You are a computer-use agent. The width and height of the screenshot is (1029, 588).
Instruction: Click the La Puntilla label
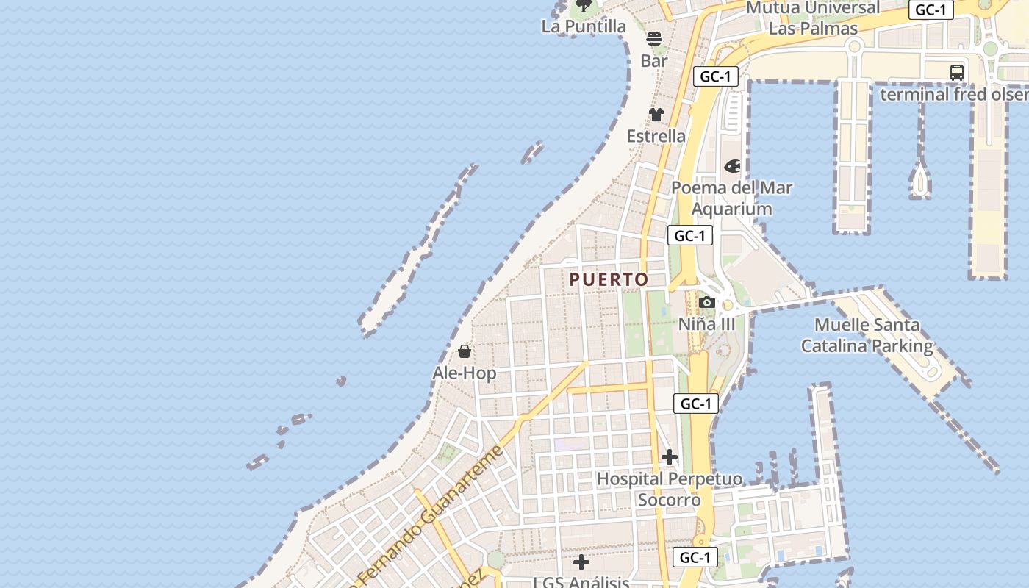tap(584, 26)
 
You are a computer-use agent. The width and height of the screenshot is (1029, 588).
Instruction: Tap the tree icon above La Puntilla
tap(584, 6)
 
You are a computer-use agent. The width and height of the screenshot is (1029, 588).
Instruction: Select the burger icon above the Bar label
tap(654, 39)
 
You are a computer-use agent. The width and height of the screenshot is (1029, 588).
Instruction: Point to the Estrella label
tap(656, 136)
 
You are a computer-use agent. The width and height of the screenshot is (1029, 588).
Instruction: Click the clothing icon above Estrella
tap(656, 115)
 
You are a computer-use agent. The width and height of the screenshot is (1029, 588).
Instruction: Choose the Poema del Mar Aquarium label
tap(732, 198)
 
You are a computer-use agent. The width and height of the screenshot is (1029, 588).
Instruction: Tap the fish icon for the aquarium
tap(732, 167)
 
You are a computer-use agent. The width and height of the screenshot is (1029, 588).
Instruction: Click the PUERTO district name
tap(609, 280)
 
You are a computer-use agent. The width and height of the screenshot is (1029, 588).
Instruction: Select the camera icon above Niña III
tap(706, 302)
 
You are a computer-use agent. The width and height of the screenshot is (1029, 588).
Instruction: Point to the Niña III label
tap(706, 324)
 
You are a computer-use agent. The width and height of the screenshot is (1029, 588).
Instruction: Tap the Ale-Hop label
tap(464, 373)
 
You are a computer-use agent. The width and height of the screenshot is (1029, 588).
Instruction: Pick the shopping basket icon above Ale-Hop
tap(465, 351)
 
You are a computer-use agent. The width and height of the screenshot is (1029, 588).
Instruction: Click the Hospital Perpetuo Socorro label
tap(669, 490)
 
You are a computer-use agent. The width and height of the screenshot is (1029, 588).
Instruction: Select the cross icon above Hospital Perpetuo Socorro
tap(669, 457)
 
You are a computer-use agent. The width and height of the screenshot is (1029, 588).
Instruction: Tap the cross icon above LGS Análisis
tap(581, 563)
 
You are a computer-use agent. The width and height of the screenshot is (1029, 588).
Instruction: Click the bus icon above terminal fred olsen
tap(956, 73)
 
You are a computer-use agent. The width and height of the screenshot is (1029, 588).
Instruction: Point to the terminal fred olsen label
tap(954, 95)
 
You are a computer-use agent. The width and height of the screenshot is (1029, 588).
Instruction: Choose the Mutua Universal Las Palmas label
tap(813, 18)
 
